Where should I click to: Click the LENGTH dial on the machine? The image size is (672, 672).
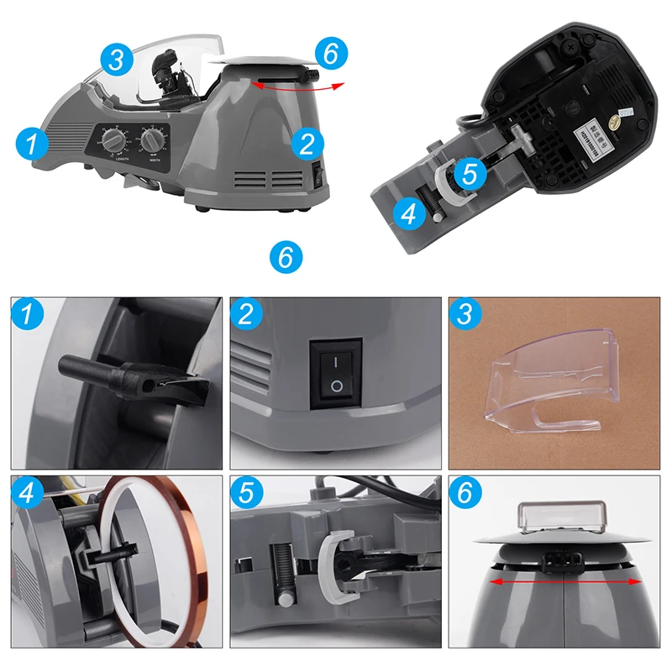[x=109, y=139]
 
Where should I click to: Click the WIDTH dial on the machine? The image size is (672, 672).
[x=152, y=140]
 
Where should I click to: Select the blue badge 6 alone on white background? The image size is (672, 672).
[x=285, y=255]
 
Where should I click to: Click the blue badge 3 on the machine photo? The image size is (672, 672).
[x=117, y=59]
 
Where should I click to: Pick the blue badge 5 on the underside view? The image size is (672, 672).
[x=470, y=173]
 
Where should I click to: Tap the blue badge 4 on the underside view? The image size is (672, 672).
[x=408, y=215]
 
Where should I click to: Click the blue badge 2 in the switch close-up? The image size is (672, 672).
[x=246, y=315]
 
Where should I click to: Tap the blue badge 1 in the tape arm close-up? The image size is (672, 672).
[x=28, y=315]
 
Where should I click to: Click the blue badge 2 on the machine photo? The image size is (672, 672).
[x=307, y=143]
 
